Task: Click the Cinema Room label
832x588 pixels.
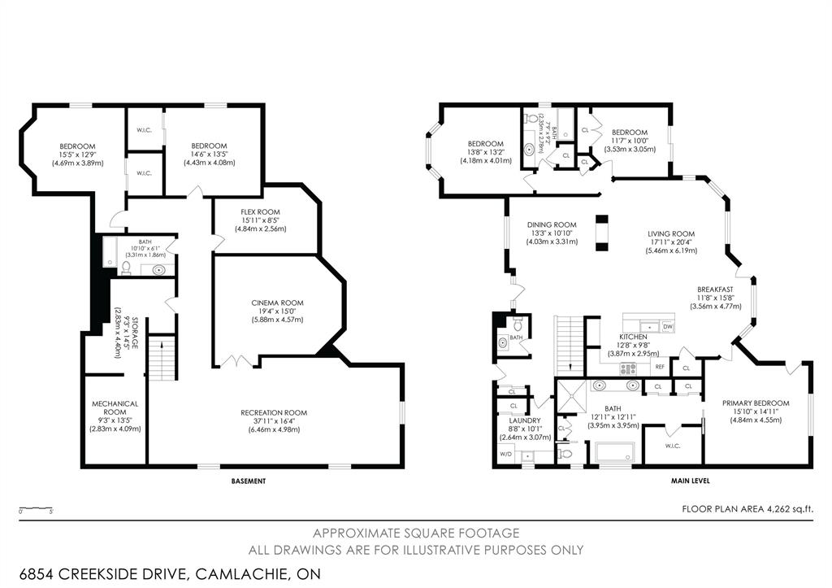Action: coord(277,303)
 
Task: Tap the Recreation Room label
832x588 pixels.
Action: coord(274,412)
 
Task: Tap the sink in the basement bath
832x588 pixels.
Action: coord(158,270)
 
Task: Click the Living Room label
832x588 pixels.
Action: coord(670,234)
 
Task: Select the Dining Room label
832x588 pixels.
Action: coord(552,225)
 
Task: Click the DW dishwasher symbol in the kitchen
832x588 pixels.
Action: coord(667,327)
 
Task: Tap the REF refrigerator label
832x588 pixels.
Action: coord(660,368)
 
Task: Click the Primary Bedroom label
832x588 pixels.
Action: coord(756,403)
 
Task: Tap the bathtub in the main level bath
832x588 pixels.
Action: coord(613,453)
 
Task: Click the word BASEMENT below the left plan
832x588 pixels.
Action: coord(248,481)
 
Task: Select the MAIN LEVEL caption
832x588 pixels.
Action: coord(690,481)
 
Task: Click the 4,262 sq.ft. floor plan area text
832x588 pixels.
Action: coord(782,509)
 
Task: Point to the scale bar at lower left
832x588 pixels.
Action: coord(36,510)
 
